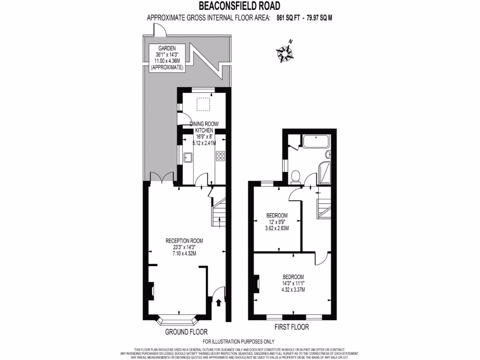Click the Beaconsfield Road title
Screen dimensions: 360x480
[x=240, y=6]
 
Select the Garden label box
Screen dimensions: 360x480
[x=167, y=58]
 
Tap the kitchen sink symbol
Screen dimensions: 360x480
[x=187, y=157]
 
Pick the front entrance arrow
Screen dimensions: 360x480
[x=219, y=303]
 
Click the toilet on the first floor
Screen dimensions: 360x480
[x=296, y=176]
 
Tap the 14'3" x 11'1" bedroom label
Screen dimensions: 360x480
[x=293, y=283]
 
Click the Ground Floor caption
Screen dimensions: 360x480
[x=186, y=332]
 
